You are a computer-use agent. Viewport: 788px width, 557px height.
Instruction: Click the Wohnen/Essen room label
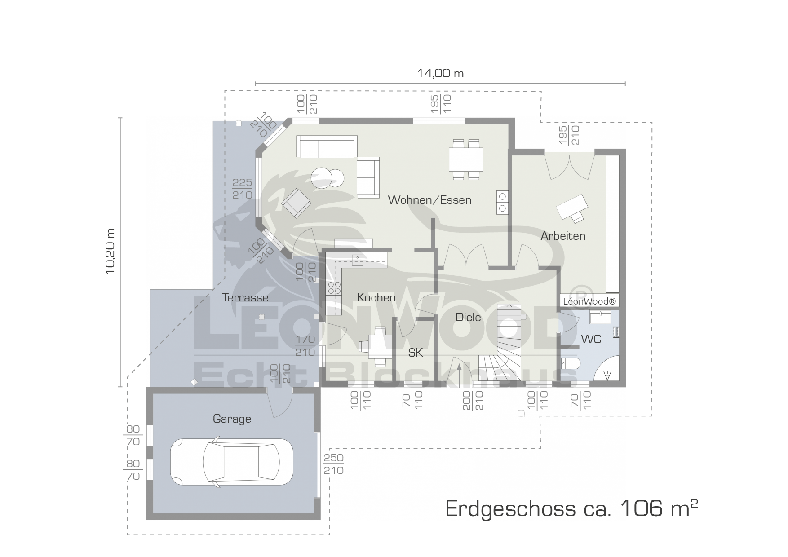point(429,200)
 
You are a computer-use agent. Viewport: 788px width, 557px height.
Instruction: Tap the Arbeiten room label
point(563,236)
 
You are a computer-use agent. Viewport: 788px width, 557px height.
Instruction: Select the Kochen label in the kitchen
point(376,297)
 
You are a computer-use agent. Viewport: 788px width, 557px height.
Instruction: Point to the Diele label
point(468,317)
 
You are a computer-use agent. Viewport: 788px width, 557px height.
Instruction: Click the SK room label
point(416,353)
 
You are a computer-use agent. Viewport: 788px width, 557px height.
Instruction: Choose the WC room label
point(591,339)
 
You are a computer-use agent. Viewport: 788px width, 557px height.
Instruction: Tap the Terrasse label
point(245,297)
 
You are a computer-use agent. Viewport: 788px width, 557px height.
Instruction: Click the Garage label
point(232,419)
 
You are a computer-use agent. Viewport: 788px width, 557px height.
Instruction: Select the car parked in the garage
point(231,462)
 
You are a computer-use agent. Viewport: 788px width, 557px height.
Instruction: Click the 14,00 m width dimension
point(440,73)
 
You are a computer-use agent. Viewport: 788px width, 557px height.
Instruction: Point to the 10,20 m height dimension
point(111,252)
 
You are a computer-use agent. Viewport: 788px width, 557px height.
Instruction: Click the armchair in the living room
point(296,203)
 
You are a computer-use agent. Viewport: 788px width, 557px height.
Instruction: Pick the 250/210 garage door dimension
point(333,464)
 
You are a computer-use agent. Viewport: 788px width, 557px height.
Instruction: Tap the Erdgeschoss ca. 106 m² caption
point(571,508)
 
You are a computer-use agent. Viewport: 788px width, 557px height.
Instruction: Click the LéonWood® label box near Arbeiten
point(589,301)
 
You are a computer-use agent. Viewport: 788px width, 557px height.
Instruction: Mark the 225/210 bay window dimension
point(242,189)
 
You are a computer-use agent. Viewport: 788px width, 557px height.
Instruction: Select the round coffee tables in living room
point(328,178)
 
